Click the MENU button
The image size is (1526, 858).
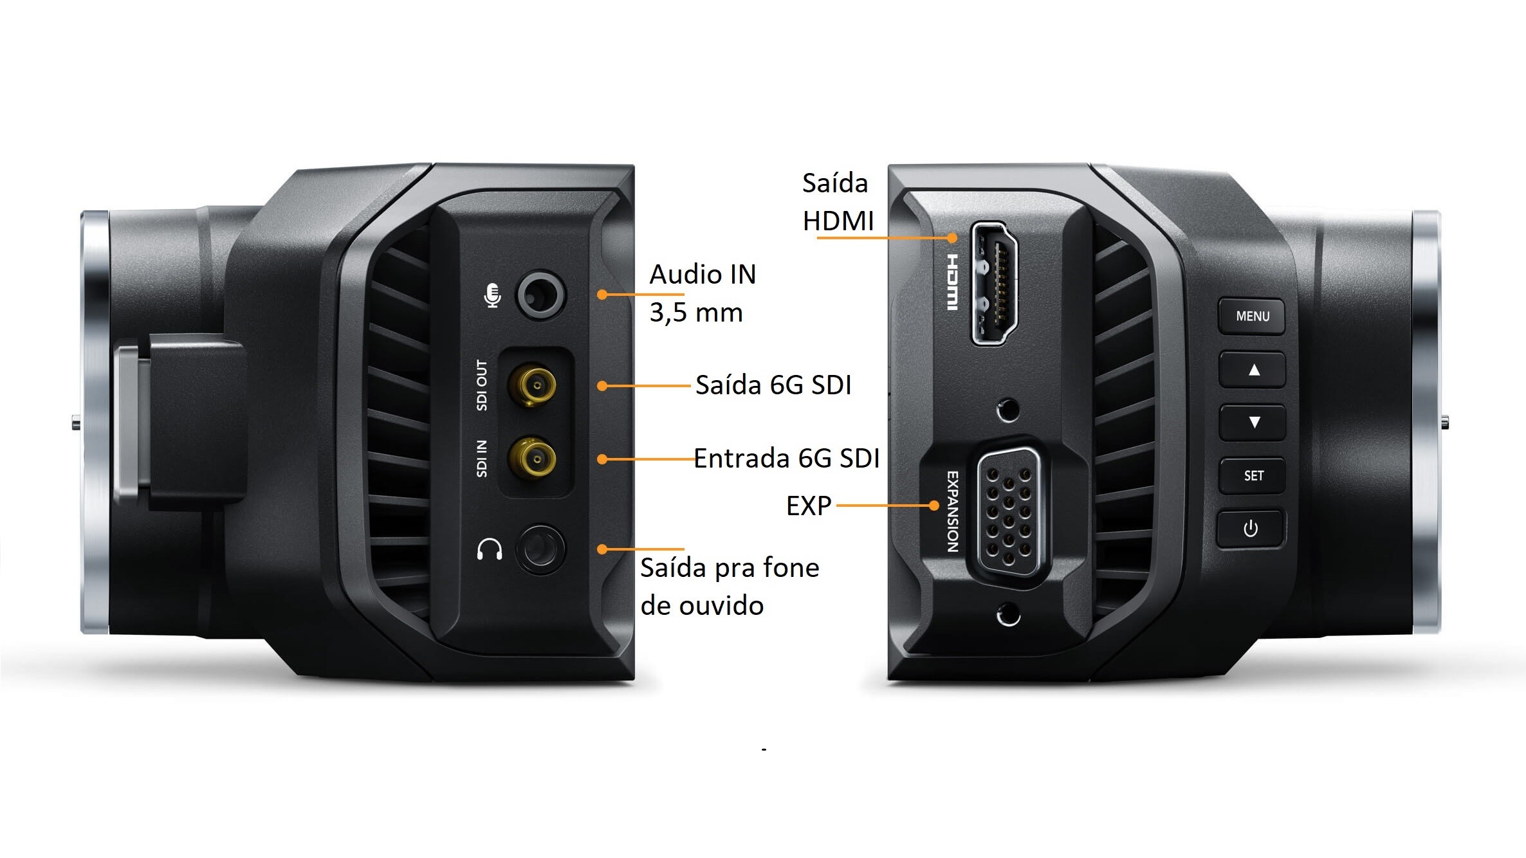(1251, 316)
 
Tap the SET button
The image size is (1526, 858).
(1253, 476)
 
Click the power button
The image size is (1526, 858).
(1251, 529)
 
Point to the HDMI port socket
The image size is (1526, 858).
(995, 283)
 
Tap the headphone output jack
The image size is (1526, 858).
(540, 549)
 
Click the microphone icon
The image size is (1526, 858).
(493, 296)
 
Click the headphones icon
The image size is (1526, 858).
(490, 549)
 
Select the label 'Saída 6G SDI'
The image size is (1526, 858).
(773, 385)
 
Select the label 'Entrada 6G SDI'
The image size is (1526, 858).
(786, 459)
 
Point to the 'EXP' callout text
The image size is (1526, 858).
(809, 506)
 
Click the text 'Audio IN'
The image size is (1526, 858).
(703, 275)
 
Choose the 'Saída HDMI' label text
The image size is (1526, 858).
(836, 202)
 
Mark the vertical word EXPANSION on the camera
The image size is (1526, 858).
(953, 511)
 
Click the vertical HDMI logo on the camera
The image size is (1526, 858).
(951, 282)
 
